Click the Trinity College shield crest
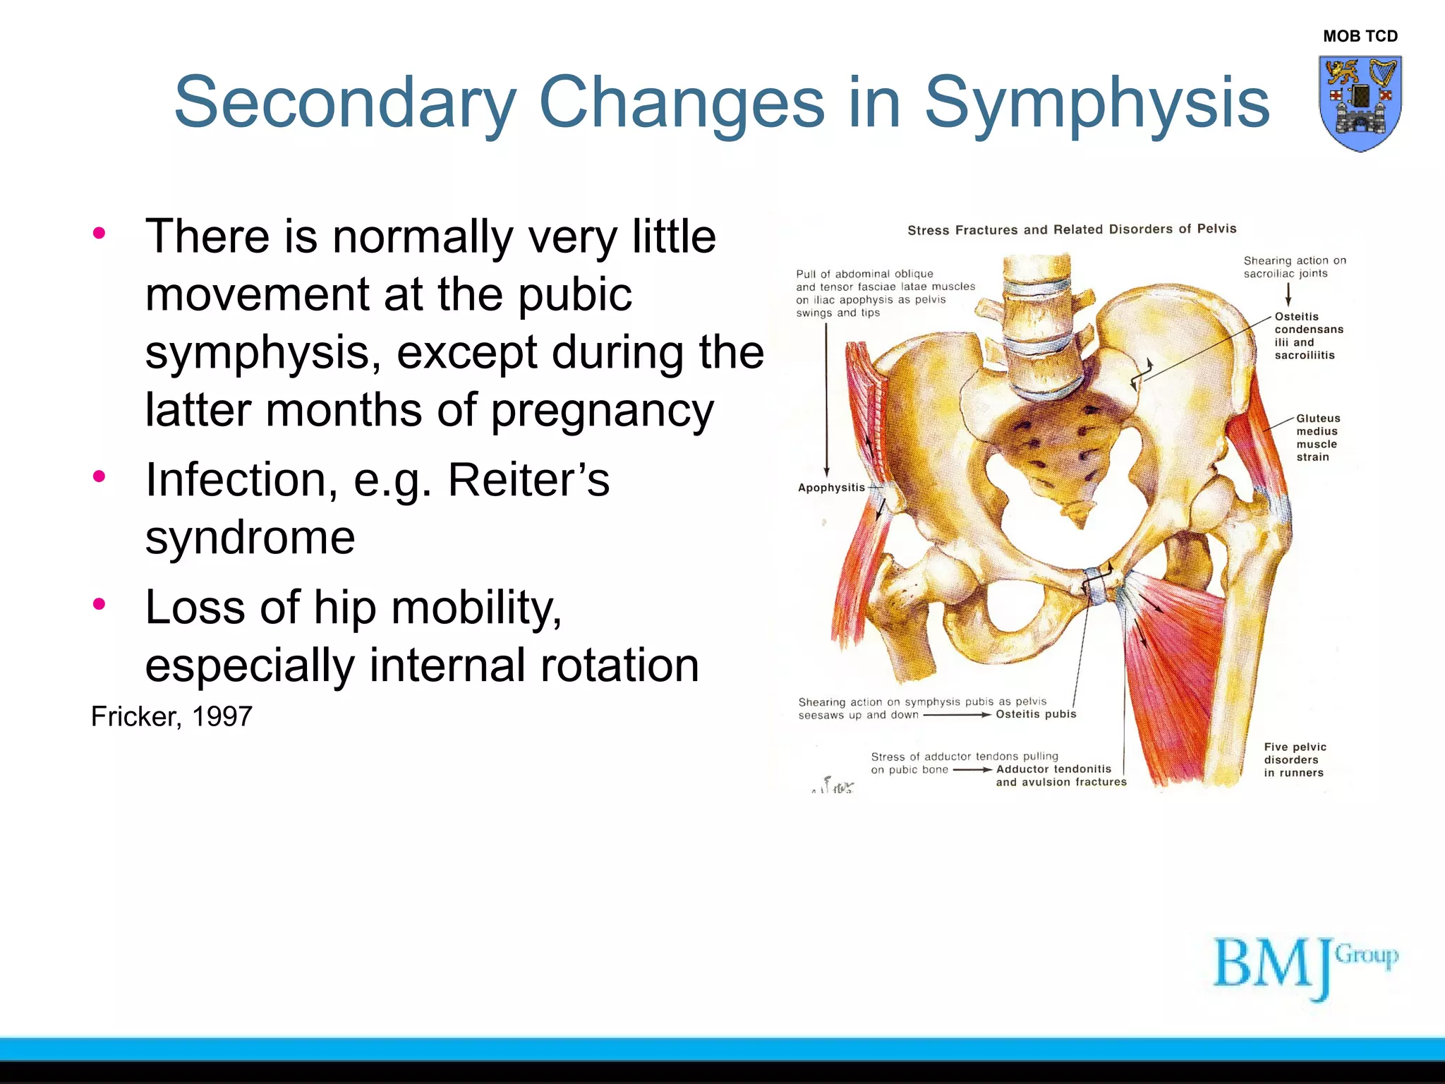click(x=1360, y=103)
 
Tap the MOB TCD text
click(x=1360, y=36)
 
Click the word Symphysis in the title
click(x=1096, y=104)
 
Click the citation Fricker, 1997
click(x=171, y=716)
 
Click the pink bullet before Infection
click(x=99, y=476)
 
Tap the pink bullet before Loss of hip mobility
click(x=99, y=604)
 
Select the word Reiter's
click(x=528, y=480)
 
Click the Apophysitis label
click(x=830, y=488)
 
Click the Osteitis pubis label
click(x=1035, y=714)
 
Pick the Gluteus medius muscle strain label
click(x=1317, y=438)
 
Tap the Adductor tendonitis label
click(x=1053, y=769)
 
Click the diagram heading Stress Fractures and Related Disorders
click(x=1071, y=229)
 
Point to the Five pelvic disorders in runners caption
click(x=1294, y=759)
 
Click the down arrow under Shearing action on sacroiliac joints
click(x=1288, y=294)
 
